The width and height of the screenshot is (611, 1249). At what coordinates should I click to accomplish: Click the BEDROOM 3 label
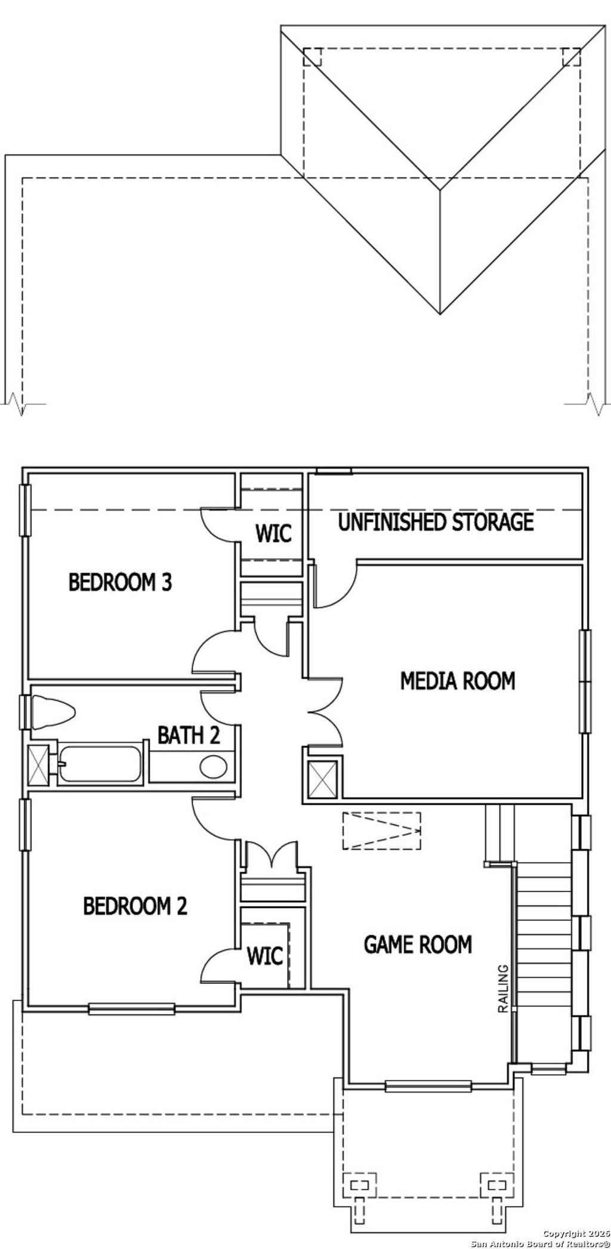point(120,582)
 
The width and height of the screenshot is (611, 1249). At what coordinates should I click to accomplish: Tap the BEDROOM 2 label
point(135,906)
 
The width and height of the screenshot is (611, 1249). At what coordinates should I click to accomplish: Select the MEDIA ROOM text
point(457,681)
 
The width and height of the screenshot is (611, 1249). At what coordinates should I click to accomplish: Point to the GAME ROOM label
point(418,945)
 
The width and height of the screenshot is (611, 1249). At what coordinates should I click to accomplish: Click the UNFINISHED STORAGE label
point(436,522)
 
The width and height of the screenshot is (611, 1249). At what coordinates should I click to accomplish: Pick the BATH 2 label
point(189,736)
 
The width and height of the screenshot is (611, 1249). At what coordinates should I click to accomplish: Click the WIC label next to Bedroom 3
point(273,533)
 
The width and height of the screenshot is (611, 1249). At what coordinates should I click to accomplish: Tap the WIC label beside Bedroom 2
point(265,956)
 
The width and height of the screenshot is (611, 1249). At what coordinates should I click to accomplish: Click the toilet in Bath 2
point(54,712)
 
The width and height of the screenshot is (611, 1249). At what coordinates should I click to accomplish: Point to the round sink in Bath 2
point(213,767)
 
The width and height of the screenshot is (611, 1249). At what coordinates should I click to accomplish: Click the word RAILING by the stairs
point(503,989)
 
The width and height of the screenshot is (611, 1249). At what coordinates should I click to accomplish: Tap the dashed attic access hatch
point(382,830)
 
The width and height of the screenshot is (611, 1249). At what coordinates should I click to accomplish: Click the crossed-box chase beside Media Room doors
point(323,780)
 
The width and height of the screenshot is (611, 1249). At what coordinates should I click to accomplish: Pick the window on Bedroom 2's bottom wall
point(131,1010)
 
